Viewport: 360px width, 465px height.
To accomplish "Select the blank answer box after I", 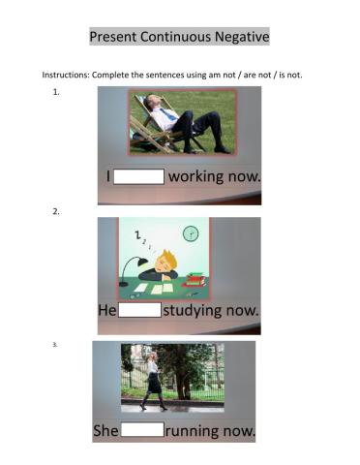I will tap(140, 177).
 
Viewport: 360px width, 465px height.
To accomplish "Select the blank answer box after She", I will tap(142, 428).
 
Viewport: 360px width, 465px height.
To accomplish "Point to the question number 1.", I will tap(57, 92).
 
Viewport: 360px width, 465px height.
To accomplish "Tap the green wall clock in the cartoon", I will tap(191, 232).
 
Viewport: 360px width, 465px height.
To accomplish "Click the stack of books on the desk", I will tap(195, 280).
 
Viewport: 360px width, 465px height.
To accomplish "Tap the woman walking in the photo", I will tap(152, 380).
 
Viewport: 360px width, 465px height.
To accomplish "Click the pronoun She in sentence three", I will tap(105, 428).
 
